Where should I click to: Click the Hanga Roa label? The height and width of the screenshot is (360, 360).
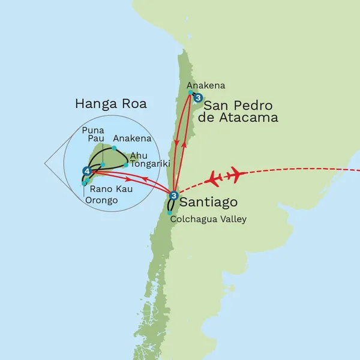click(110, 104)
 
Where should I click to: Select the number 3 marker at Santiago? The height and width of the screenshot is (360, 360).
click(173, 195)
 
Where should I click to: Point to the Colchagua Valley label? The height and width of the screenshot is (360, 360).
click(208, 219)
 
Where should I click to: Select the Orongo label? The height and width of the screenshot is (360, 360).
click(101, 200)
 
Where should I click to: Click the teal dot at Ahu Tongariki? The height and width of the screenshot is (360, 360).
click(126, 164)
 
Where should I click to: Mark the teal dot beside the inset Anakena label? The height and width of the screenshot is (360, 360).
click(114, 147)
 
